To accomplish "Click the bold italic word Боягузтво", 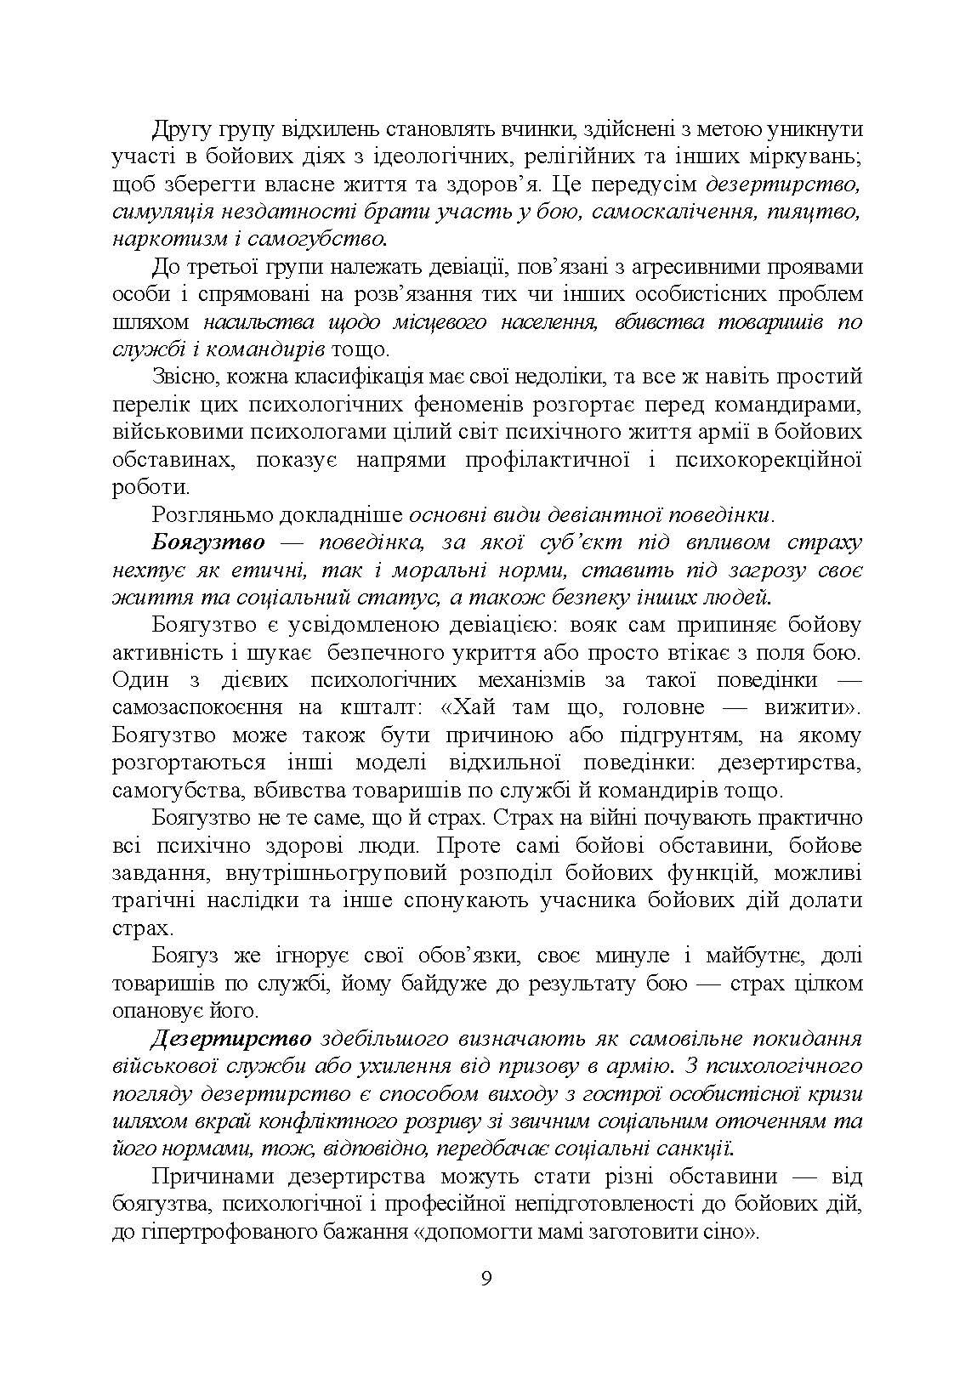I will point(209,542).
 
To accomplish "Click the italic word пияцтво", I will point(815,212).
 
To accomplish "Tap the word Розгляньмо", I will point(213,515).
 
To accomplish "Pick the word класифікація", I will point(355,377).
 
